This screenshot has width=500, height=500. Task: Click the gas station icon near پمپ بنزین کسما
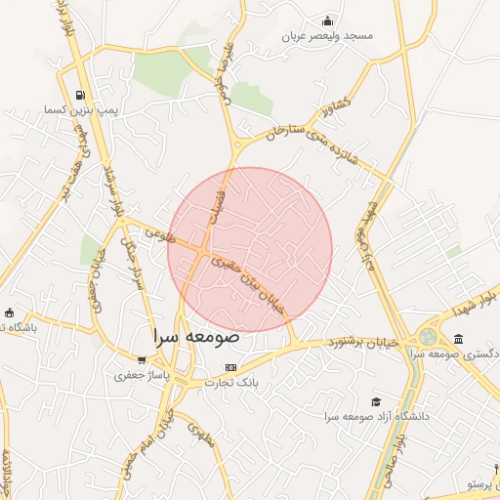click(79, 95)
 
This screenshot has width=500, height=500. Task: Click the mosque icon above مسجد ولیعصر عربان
click(327, 21)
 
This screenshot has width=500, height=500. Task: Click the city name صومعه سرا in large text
click(196, 336)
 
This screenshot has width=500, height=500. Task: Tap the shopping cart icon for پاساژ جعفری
click(143, 359)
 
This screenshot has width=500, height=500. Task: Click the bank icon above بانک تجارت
click(230, 367)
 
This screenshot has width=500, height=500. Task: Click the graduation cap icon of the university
click(376, 401)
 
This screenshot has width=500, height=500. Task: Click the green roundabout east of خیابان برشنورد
click(428, 337)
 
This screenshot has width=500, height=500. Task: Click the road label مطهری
click(199, 431)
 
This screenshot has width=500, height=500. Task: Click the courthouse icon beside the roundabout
click(459, 338)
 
